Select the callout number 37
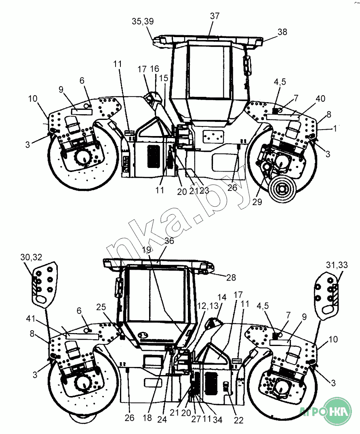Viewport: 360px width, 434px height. pyautogui.click(x=215, y=16)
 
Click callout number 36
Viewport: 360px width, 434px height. pyautogui.click(x=169, y=240)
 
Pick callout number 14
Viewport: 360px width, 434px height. pyautogui.click(x=222, y=297)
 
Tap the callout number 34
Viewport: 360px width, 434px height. pyautogui.click(x=218, y=419)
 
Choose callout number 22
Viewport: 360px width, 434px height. pyautogui.click(x=239, y=420)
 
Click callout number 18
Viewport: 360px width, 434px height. pyautogui.click(x=147, y=418)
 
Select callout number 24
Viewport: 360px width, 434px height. pyautogui.click(x=162, y=419)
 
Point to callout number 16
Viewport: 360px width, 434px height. pyautogui.click(x=155, y=69)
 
